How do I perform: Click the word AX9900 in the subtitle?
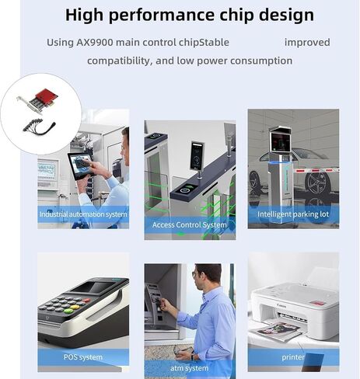pos(95,43)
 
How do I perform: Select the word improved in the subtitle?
pos(307,43)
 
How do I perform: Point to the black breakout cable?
pos(40,127)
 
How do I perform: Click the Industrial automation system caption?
pos(83,214)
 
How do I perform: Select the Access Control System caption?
pos(190,224)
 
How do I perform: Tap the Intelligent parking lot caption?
pos(293,214)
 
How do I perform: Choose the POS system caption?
pos(83,357)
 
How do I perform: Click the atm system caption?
pos(189,368)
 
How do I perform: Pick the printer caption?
pos(293,357)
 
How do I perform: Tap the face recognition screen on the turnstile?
pos(197,155)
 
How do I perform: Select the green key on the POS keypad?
pos(68,311)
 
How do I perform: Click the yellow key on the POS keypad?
pos(75,308)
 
